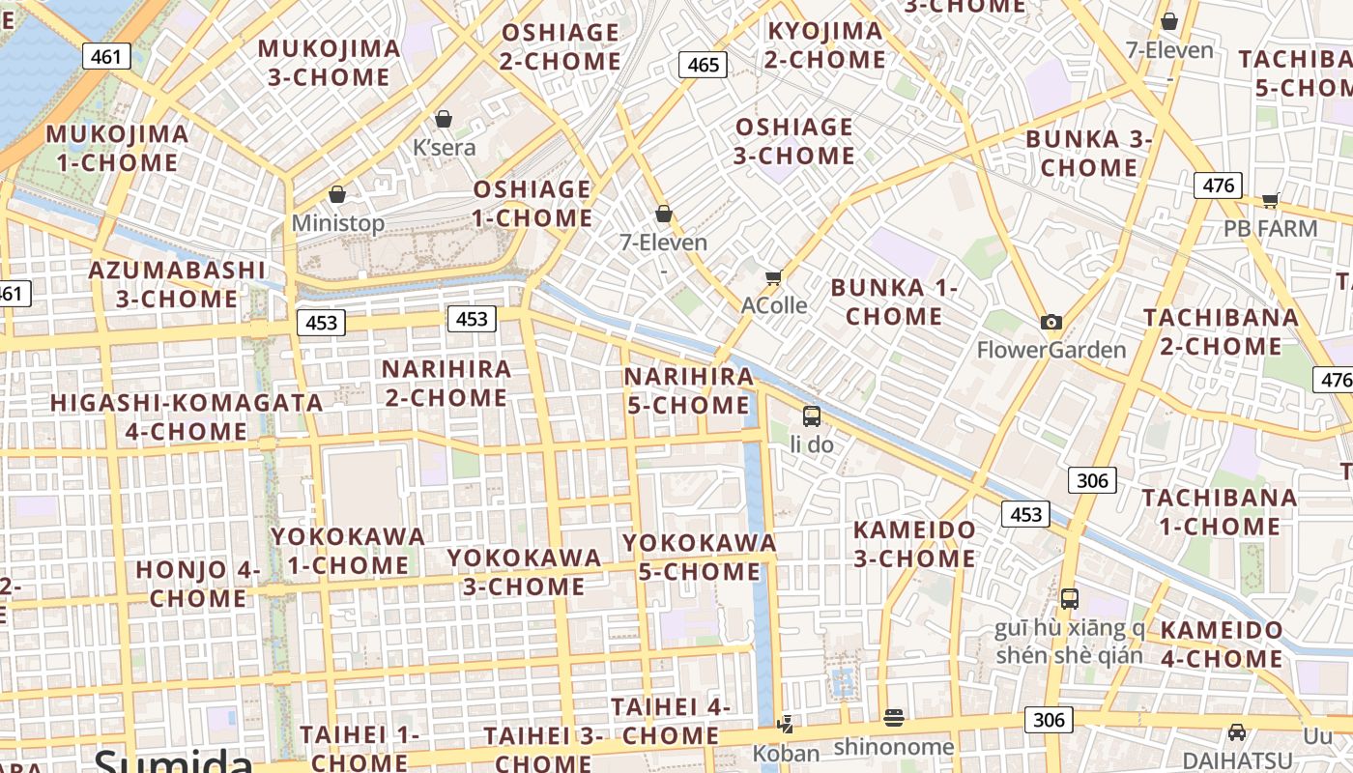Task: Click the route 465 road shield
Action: [703, 65]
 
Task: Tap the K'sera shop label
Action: [445, 148]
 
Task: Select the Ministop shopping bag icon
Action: [337, 194]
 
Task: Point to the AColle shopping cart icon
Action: [773, 278]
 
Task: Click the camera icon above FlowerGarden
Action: [1051, 322]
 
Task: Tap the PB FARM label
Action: [1270, 229]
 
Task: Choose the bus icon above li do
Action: [812, 416]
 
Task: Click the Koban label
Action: [786, 753]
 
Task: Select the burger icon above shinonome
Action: [894, 718]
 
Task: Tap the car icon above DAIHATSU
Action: [1237, 732]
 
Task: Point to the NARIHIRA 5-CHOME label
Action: [688, 391]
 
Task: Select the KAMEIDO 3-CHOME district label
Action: [914, 544]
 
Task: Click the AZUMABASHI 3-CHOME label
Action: [177, 284]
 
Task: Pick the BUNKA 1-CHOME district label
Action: [894, 301]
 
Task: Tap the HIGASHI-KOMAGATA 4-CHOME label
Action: [187, 416]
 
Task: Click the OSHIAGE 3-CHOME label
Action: [794, 141]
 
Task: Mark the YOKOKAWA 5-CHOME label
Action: [700, 558]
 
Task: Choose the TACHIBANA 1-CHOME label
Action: [1219, 512]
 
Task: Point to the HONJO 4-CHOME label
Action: [198, 584]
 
